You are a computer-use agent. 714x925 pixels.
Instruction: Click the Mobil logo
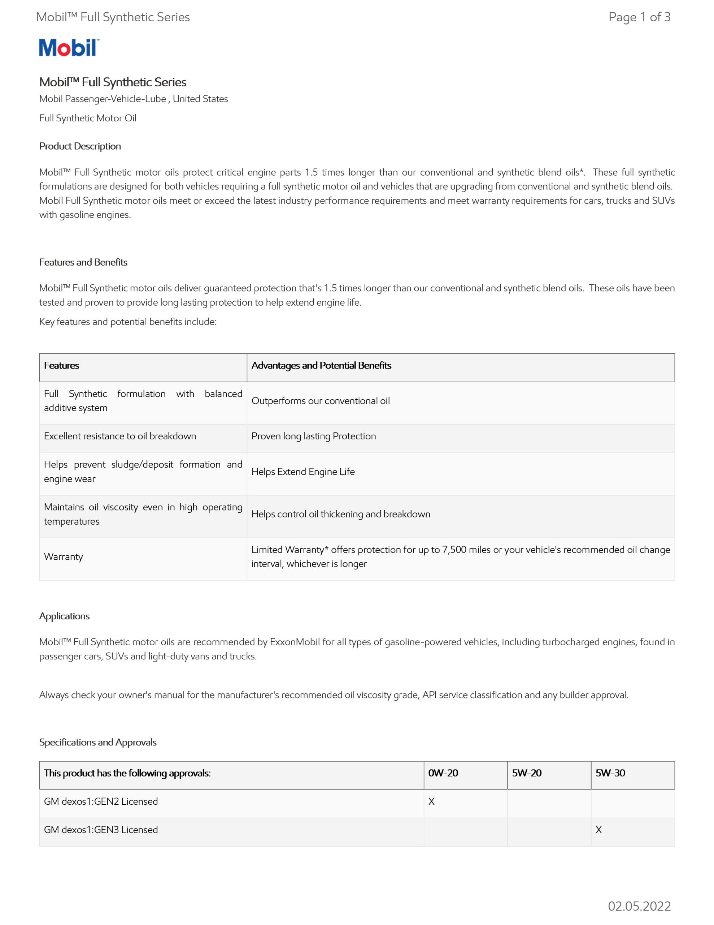[x=69, y=48]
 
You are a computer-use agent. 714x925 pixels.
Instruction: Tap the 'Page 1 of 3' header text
[x=639, y=17]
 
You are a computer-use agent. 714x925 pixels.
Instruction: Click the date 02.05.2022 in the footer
[x=639, y=906]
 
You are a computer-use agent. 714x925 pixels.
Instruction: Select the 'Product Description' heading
[x=80, y=146]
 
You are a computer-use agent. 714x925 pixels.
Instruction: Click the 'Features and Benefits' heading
[x=83, y=262]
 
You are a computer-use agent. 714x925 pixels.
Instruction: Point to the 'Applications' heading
[x=64, y=616]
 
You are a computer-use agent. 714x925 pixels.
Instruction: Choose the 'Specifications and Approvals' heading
[x=98, y=742]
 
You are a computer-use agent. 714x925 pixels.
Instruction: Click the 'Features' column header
[x=61, y=366]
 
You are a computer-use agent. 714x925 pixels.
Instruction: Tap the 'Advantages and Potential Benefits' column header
[x=321, y=366]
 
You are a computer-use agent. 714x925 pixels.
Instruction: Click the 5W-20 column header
[x=527, y=773]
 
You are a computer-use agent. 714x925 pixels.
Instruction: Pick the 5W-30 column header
[x=610, y=773]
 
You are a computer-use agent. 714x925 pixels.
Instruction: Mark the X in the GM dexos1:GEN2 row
[x=431, y=801]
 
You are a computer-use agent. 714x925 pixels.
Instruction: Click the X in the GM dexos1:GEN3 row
[x=598, y=830]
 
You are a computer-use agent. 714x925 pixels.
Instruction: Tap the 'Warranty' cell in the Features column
[x=64, y=556]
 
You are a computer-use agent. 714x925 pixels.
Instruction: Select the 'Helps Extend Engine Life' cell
[x=303, y=472]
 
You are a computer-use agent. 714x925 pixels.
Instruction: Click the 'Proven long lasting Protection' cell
[x=314, y=436]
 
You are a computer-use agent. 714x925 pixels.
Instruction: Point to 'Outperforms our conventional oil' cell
[x=321, y=401]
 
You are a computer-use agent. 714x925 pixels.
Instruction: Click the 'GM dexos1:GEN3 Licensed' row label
[x=101, y=830]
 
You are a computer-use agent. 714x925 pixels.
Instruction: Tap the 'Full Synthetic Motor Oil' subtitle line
[x=88, y=118]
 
